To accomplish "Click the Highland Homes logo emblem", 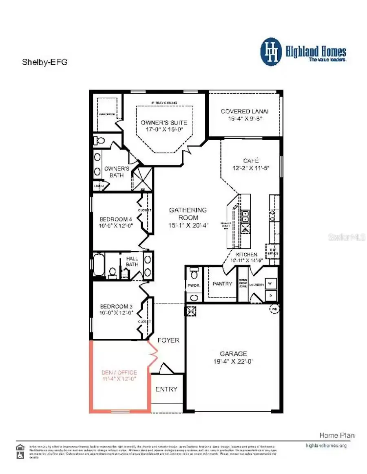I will tap(271, 52).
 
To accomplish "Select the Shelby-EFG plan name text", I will tap(44, 62).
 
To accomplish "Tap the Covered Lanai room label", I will tap(245, 111).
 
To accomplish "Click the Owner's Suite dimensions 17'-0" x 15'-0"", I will tap(164, 129).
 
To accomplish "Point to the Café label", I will tap(251, 160).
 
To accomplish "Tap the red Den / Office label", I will tap(119, 372).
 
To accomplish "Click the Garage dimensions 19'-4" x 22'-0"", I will tap(233, 361).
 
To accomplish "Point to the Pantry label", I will tap(222, 284).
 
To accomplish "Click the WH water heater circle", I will tap(274, 309).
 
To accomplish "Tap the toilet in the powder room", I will tap(195, 271).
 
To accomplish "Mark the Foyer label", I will tap(168, 340).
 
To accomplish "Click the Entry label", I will tap(166, 389).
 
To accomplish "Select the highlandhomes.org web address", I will tap(326, 445).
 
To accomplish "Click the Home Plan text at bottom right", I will tap(336, 435).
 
